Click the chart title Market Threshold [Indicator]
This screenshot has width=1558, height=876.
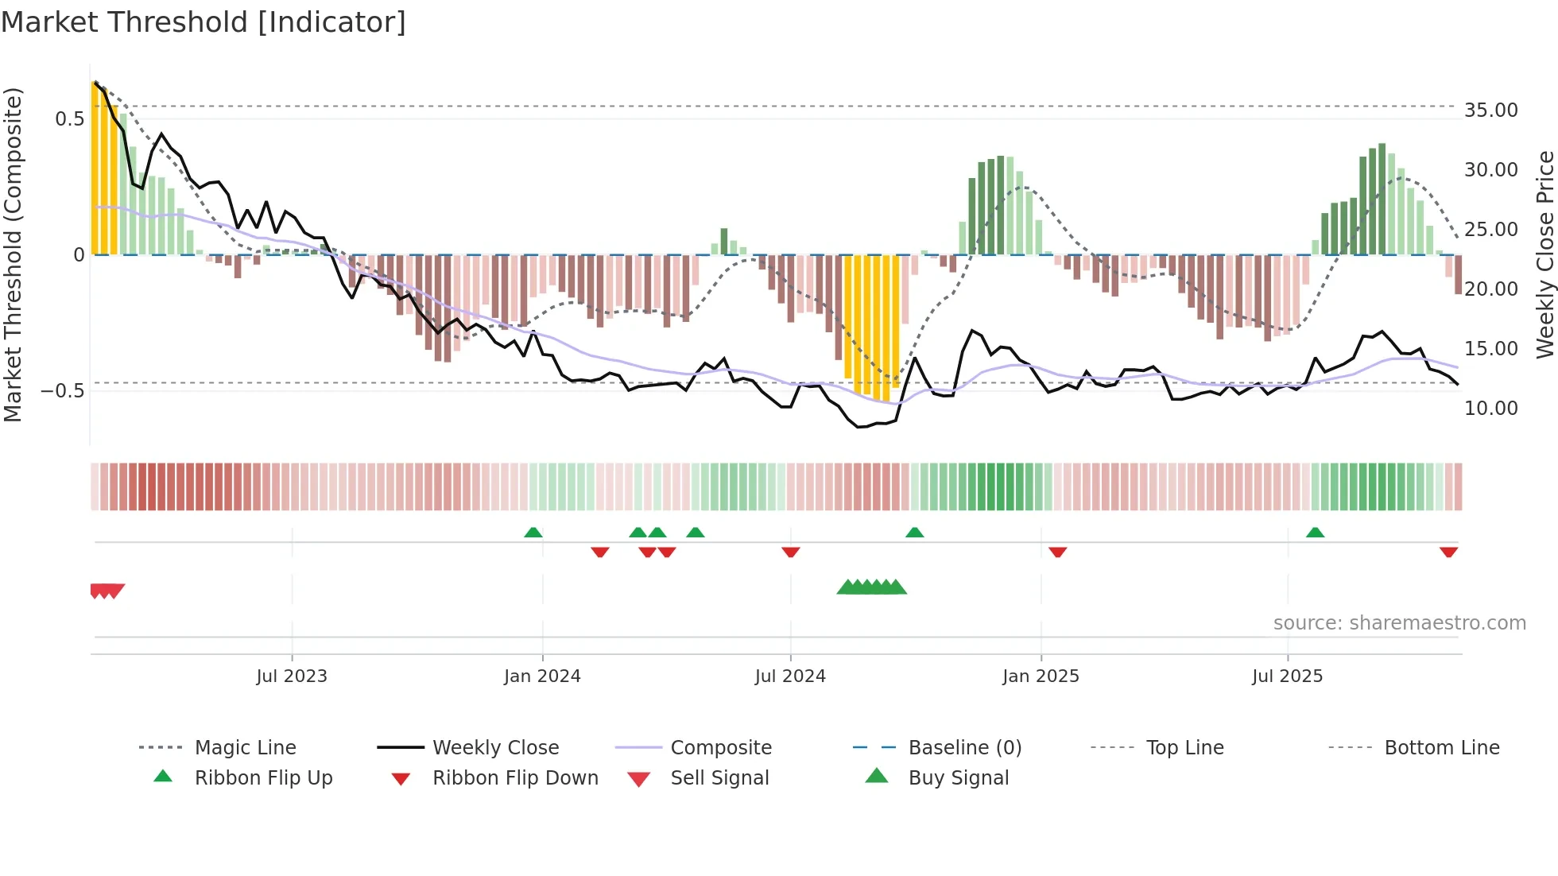(203, 22)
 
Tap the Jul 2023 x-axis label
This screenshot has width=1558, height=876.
(292, 676)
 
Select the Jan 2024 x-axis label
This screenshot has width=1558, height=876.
(542, 676)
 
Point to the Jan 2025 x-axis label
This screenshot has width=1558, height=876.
(1041, 676)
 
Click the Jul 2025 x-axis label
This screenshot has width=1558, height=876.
(1287, 676)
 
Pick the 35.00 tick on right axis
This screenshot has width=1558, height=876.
(1490, 110)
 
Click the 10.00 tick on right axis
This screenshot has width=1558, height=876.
(1490, 409)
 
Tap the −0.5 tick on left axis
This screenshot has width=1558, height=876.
(62, 391)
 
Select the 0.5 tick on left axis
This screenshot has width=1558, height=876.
(69, 119)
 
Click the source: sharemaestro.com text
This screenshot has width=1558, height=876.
(1399, 623)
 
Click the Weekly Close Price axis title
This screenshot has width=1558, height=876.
(1544, 254)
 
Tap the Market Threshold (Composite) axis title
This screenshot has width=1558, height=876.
(13, 254)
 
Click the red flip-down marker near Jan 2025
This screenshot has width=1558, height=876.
(1057, 552)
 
